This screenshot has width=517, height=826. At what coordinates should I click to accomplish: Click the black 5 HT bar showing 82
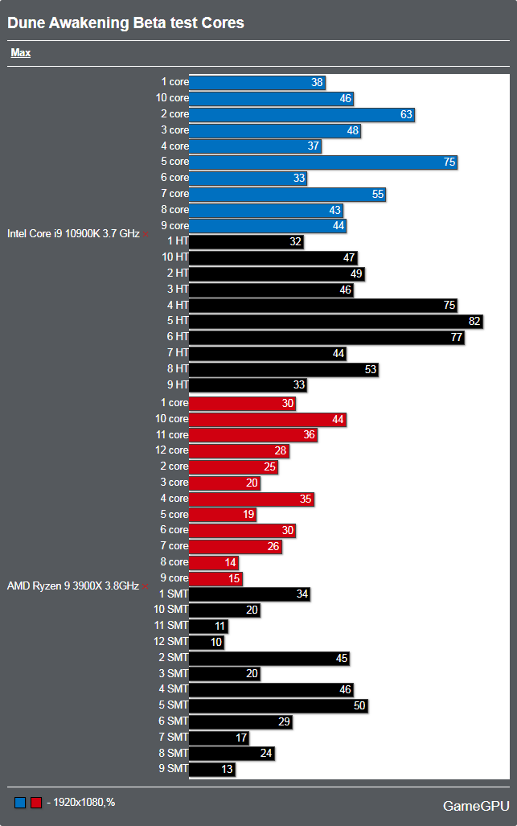(x=335, y=322)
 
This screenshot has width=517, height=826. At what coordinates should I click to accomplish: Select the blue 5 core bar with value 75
(x=323, y=162)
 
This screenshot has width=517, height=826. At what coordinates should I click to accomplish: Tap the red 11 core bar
(x=252, y=435)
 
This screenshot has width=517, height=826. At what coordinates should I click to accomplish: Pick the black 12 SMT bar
(x=207, y=642)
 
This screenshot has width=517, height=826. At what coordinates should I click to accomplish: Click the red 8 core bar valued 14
(x=215, y=562)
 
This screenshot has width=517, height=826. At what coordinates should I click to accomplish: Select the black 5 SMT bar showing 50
(x=278, y=705)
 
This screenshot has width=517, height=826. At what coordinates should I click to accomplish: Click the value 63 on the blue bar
(x=406, y=114)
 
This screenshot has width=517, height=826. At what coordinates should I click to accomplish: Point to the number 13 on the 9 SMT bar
(x=228, y=770)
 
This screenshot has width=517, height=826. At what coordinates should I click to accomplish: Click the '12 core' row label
(x=172, y=450)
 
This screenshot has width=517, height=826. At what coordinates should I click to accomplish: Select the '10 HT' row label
(x=173, y=257)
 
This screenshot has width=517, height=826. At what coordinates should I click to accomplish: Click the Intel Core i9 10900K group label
(x=73, y=234)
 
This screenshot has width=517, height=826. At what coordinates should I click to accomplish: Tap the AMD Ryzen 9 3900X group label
(x=73, y=586)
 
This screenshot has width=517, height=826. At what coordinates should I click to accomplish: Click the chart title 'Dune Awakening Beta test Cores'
(x=125, y=23)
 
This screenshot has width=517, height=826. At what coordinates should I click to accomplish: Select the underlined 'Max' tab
(x=21, y=53)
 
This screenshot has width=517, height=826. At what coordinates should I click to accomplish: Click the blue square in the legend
(x=20, y=803)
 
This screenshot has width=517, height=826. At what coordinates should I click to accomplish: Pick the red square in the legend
(x=35, y=803)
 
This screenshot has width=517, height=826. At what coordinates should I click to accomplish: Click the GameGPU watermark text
(x=474, y=806)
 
